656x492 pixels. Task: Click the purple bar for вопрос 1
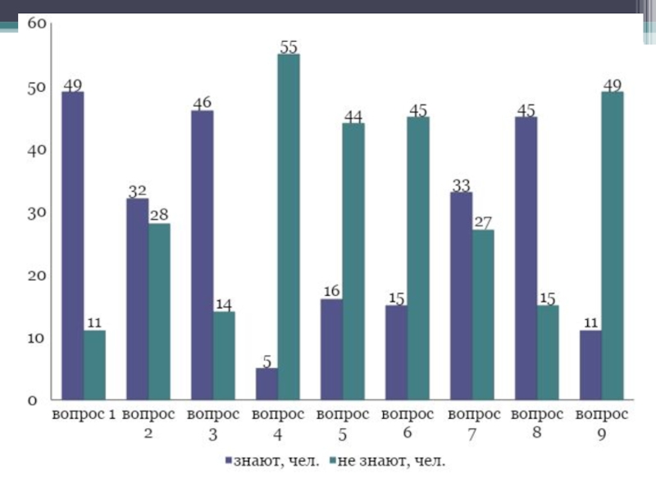pos(72,246)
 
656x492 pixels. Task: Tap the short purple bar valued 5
pos(266,384)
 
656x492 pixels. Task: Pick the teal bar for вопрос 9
pos(613,246)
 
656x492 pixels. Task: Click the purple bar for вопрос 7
pos(462,296)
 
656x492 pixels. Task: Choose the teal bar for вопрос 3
pos(223,356)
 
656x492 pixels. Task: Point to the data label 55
pos(288,48)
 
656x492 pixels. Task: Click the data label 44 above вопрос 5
pos(353,116)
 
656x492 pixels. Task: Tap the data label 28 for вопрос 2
pos(158,215)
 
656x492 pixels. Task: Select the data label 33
pos(462,184)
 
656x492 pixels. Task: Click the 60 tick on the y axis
pos(37,24)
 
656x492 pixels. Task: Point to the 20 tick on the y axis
pos(37,276)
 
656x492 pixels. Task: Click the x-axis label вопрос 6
pos(407,422)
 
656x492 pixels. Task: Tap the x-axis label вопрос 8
pos(537,421)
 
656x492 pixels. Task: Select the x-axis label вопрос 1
pos(84,414)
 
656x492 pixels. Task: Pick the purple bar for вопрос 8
pos(526,258)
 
